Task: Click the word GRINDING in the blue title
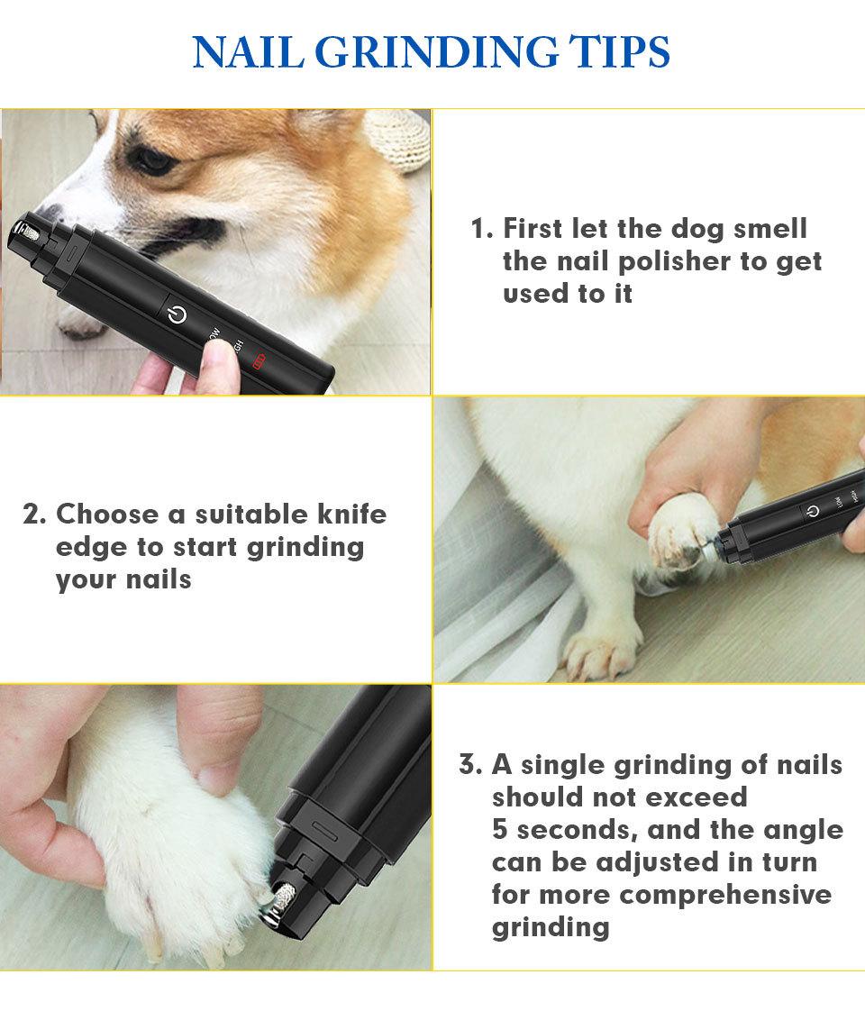436,52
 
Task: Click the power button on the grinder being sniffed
177,314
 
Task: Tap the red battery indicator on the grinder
259,361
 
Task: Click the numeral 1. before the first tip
482,229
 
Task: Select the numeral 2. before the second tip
34,515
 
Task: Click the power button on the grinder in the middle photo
814,511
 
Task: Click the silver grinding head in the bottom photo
282,897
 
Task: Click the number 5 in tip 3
500,829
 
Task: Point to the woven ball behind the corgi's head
400,140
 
